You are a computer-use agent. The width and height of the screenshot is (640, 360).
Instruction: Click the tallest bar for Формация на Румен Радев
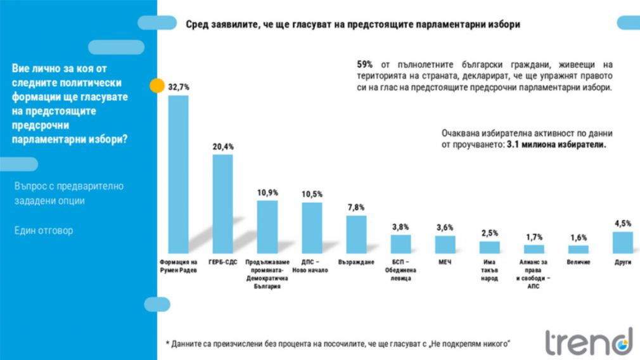pos(178,174)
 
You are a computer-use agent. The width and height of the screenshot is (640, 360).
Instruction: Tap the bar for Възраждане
pos(356,235)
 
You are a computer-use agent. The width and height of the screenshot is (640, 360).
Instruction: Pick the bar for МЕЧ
pos(445,245)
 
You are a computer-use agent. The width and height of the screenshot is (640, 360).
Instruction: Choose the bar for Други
pos(622,243)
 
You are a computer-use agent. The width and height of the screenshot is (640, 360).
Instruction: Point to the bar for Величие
pos(578,249)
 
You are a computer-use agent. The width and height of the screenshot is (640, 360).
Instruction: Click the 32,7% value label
pos(178,87)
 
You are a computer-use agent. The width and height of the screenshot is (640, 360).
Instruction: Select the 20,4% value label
pos(223,146)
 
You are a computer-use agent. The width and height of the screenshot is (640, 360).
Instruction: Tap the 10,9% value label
pos(267,193)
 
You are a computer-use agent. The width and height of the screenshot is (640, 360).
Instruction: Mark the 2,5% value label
pos(489,233)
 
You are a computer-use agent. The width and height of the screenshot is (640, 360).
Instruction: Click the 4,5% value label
pos(622,223)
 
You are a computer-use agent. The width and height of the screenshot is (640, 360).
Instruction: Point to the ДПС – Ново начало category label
pos(311,266)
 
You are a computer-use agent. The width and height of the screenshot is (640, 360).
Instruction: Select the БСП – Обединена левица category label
pos(400,269)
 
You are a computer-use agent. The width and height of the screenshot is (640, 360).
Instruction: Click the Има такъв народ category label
pos(489,270)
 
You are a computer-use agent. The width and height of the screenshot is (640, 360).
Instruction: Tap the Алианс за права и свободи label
pos(534,274)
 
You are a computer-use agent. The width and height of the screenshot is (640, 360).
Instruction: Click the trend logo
pos(589,342)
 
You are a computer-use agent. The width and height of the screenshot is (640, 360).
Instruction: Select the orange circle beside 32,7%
pos(153,86)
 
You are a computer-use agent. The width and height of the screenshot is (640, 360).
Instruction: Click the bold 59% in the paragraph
pos(365,64)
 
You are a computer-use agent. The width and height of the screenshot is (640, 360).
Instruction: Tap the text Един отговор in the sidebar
pos(44,231)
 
